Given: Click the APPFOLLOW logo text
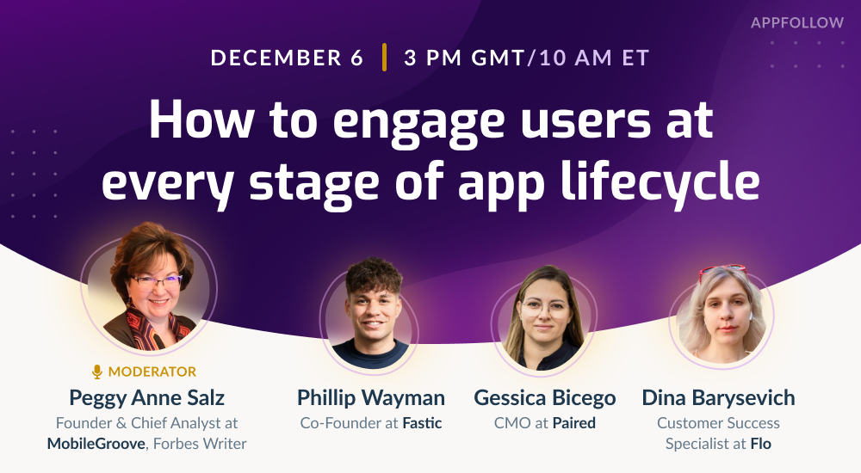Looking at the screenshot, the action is click(x=796, y=22).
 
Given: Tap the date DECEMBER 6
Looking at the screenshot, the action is click(x=288, y=58).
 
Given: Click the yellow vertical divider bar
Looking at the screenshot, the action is click(x=384, y=57).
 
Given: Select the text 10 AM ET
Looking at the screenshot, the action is click(x=595, y=58).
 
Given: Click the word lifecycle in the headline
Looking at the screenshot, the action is click(x=660, y=181).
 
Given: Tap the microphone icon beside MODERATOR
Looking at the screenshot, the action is click(x=97, y=372).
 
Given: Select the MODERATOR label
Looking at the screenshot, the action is click(x=152, y=372).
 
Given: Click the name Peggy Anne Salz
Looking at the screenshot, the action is click(x=146, y=398).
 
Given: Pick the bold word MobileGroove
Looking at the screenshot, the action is click(x=96, y=444).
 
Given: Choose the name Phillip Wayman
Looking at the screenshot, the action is click(x=371, y=398).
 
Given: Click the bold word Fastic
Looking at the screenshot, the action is click(x=422, y=423).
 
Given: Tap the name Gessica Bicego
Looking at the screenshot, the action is click(x=545, y=398).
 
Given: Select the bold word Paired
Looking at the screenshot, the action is click(x=573, y=423).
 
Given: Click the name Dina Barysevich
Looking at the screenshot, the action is click(x=718, y=398).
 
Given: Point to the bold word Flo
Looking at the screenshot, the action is click(x=761, y=444).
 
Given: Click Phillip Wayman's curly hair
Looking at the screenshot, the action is click(x=374, y=273).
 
